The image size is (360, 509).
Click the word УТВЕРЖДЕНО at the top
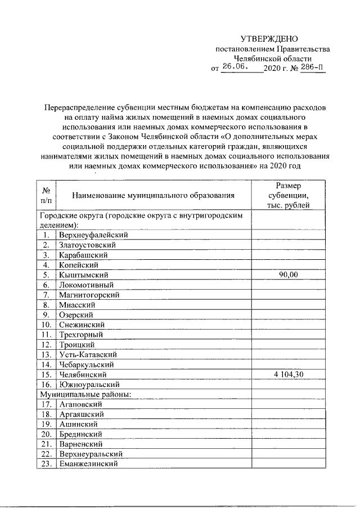click(x=268, y=39)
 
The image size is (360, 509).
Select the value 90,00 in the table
click(x=289, y=274)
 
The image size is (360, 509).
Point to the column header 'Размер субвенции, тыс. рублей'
click(x=288, y=195)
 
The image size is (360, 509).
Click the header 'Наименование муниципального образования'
click(x=153, y=195)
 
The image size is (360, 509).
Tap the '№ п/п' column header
click(x=46, y=195)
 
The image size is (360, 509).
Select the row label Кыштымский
click(x=82, y=274)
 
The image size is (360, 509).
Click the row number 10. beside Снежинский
click(x=46, y=325)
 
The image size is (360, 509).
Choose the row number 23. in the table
click(x=46, y=464)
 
